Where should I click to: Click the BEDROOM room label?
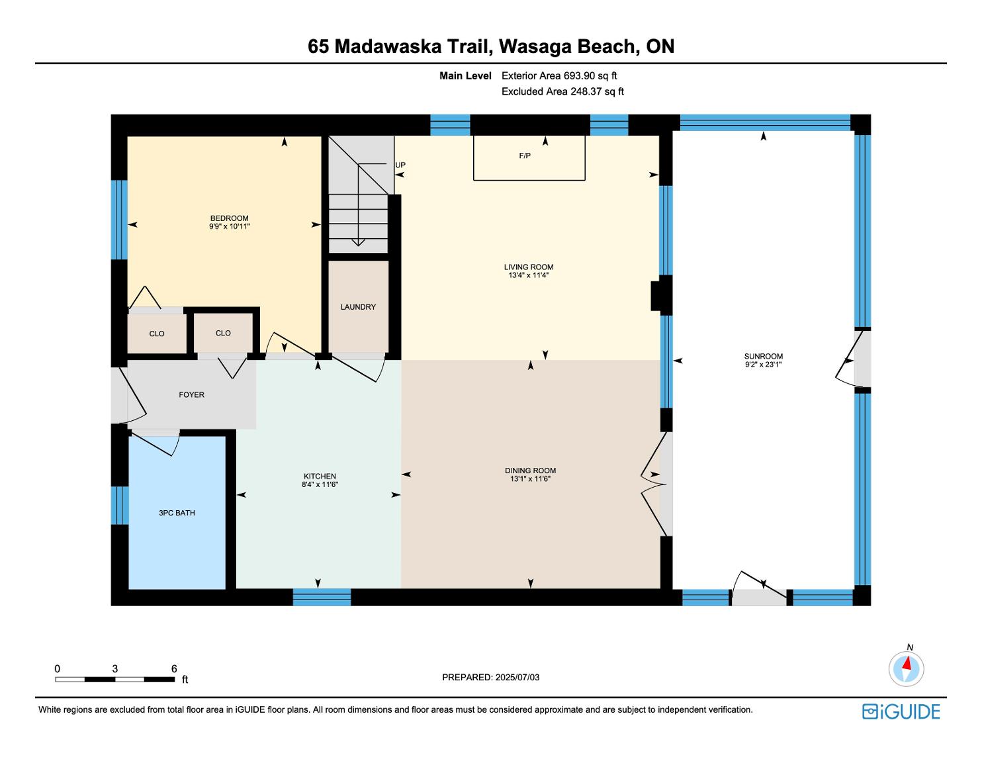229,218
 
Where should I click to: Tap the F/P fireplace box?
529,157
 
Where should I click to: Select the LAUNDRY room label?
358,307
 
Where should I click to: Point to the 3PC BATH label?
177,513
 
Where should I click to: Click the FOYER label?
192,395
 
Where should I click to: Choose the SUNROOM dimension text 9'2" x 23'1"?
763,364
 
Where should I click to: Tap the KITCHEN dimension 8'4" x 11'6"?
320,484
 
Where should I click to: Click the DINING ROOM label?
531,470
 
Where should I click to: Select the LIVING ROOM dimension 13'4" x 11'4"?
529,275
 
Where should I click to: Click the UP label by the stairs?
400,165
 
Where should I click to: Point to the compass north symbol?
906,668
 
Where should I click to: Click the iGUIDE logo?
901,711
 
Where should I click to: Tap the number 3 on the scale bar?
114,668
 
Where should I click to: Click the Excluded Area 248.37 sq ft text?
562,91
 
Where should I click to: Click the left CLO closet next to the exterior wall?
157,334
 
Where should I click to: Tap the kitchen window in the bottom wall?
322,597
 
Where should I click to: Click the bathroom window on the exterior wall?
120,505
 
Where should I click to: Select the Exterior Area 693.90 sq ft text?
559,76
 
